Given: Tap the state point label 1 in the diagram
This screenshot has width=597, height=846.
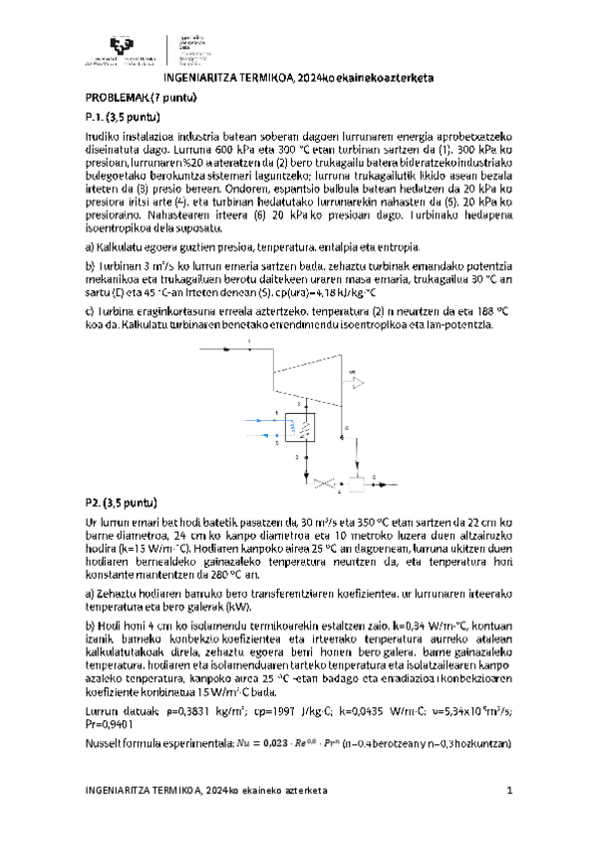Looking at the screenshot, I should point(249,344).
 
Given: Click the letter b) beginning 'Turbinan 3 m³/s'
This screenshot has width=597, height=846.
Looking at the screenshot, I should point(89,266).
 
